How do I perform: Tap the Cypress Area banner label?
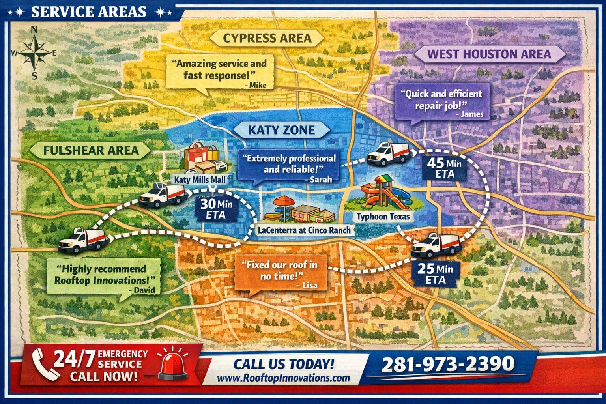click(267, 38)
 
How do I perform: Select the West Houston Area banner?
click(489, 54)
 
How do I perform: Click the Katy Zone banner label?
click(281, 130)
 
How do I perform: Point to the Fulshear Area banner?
click(91, 150)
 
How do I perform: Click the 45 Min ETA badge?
click(444, 168)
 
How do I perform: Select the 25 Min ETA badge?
click(435, 274)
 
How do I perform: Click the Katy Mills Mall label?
click(200, 180)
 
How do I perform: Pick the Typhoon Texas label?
click(383, 217)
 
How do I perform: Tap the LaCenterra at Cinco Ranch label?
click(304, 230)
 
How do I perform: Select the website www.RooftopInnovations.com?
click(283, 378)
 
